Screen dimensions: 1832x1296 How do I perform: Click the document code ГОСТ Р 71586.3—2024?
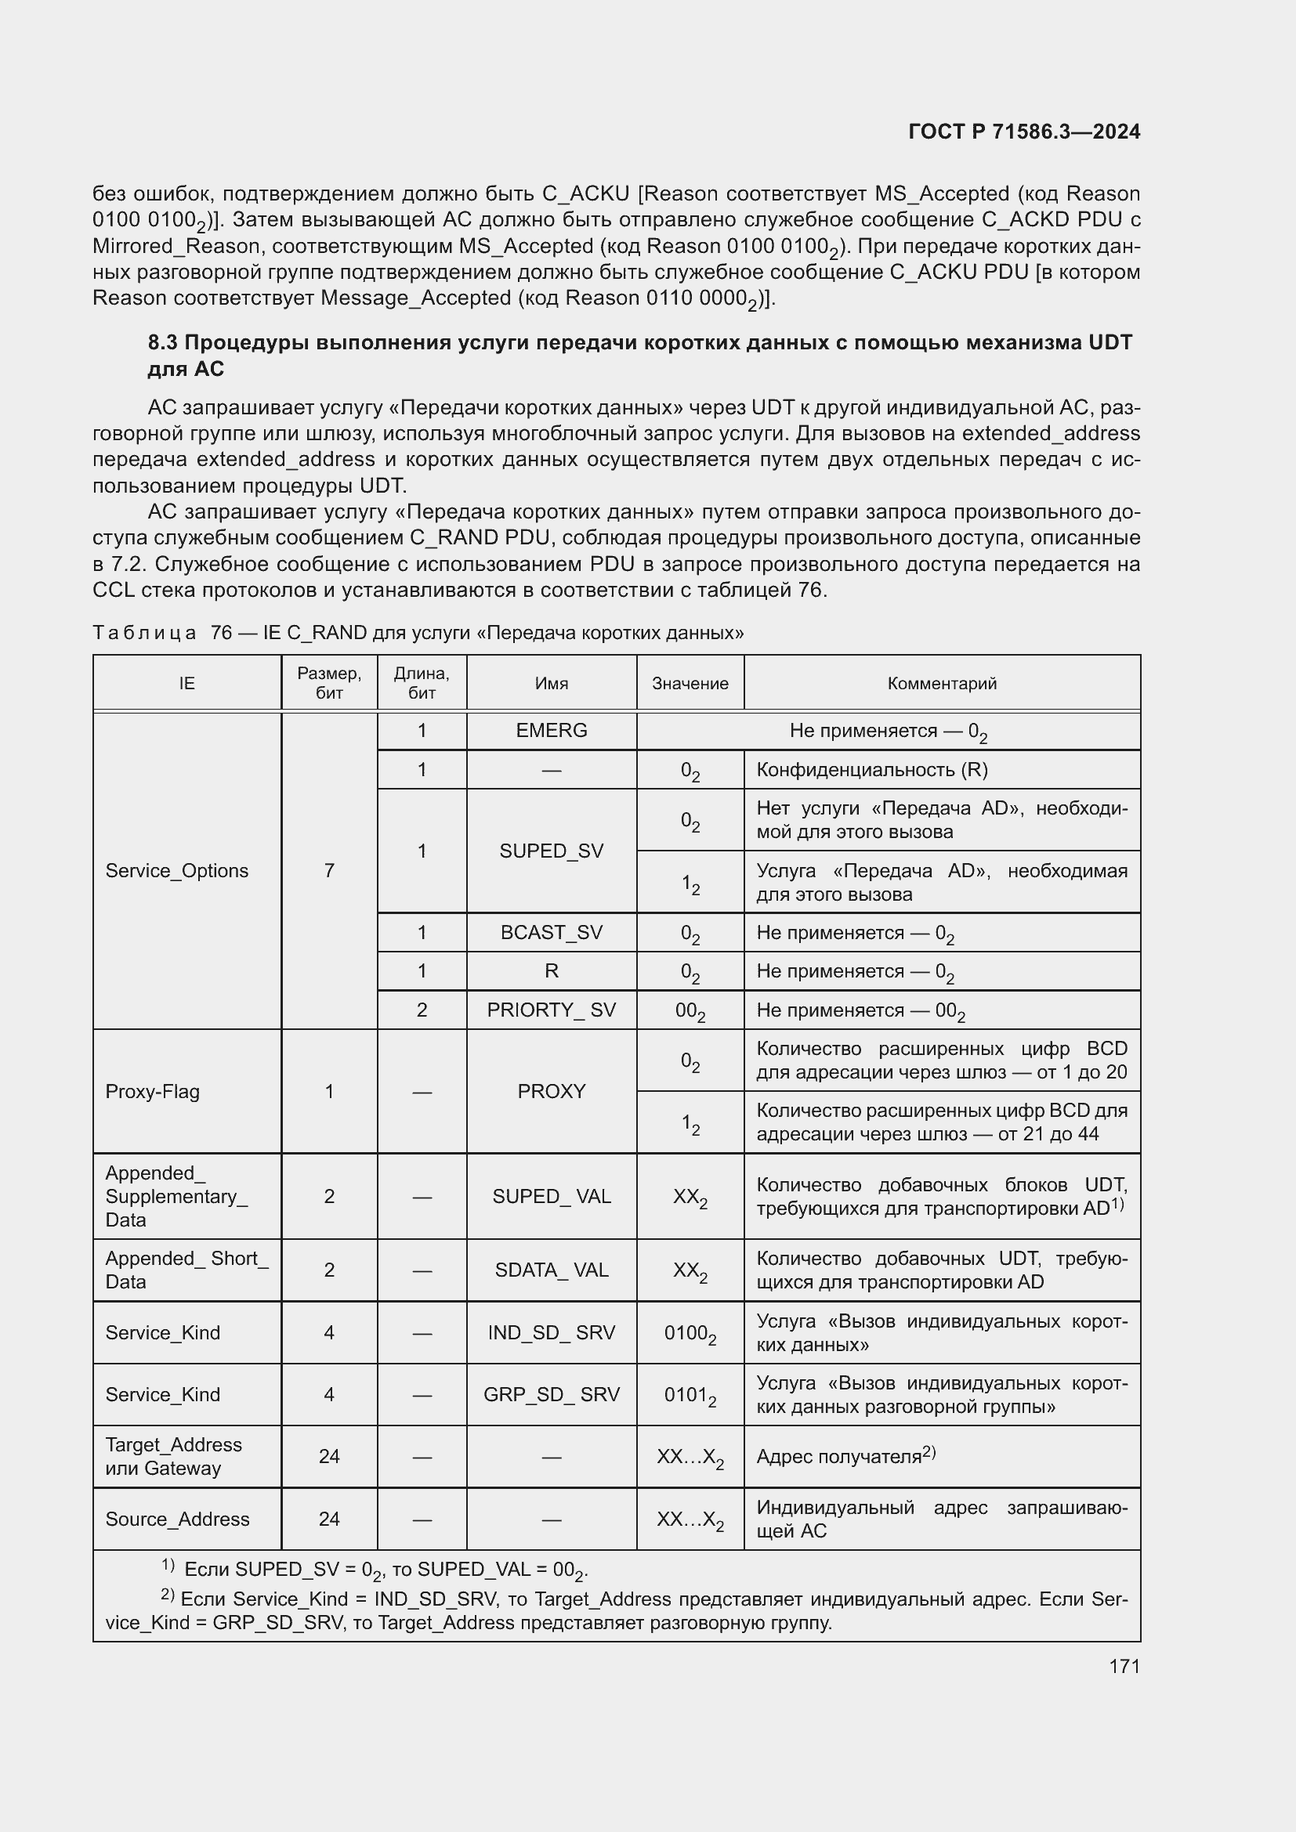1024,132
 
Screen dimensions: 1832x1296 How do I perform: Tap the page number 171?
1124,1666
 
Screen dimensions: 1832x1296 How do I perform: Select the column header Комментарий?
942,683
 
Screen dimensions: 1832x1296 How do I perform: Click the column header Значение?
690,683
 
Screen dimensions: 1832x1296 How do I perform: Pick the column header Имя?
552,683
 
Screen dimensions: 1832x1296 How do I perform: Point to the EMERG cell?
552,730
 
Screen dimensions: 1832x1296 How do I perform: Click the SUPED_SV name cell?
552,851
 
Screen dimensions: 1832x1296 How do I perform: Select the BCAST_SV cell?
552,932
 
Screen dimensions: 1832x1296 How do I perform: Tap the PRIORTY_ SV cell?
552,1010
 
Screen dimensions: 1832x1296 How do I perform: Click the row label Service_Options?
176,870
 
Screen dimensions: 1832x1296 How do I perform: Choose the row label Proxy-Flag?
153,1092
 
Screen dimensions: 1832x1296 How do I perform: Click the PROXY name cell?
552,1091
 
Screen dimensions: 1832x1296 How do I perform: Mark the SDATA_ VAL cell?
552,1270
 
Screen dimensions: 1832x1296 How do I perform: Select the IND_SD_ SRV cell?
552,1332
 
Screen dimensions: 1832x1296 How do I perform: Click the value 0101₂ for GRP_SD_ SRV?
690,1395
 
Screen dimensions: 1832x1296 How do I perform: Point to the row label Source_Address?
177,1519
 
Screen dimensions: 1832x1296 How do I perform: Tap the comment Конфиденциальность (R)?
871,769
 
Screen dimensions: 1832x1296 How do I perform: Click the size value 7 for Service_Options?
329,870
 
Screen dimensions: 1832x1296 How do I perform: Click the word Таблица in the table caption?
144,633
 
